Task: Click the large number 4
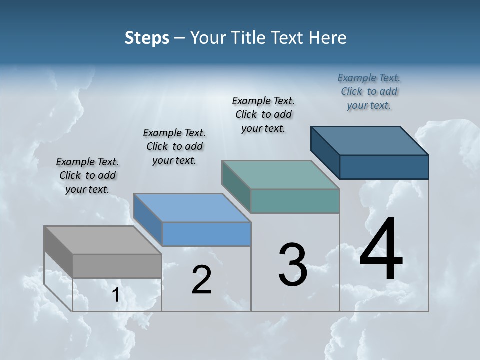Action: (381, 250)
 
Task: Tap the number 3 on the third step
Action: (293, 265)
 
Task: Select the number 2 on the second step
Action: (202, 280)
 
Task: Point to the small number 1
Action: (115, 295)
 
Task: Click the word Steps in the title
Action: (147, 38)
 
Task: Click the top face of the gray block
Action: (102, 240)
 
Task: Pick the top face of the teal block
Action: (280, 175)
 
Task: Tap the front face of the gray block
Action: (117, 266)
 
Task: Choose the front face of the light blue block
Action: (206, 234)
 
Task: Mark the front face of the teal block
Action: (295, 201)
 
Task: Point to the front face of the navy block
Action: (384, 167)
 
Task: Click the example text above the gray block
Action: (87, 175)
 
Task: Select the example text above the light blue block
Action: (174, 146)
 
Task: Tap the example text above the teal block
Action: (263, 114)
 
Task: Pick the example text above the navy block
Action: (369, 91)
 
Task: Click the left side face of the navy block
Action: (325, 152)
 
